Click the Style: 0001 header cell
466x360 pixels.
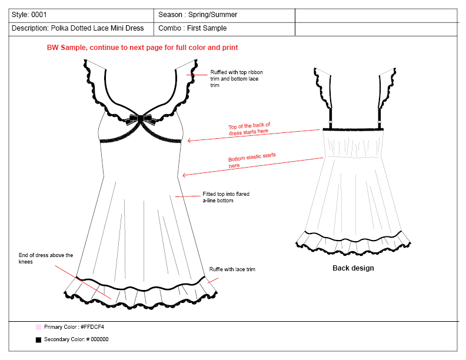29,15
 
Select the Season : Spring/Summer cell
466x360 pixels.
198,15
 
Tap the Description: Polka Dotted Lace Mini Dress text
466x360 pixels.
77,28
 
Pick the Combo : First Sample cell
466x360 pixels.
192,28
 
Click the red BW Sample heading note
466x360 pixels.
142,47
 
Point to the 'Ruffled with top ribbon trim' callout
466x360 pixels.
234,79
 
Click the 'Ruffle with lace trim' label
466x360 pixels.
232,269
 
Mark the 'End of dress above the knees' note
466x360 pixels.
46,258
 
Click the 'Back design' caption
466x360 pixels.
353,268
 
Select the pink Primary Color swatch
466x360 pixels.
38,326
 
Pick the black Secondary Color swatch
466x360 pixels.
38,339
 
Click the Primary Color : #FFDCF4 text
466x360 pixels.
74,326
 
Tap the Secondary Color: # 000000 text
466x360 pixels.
76,339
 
